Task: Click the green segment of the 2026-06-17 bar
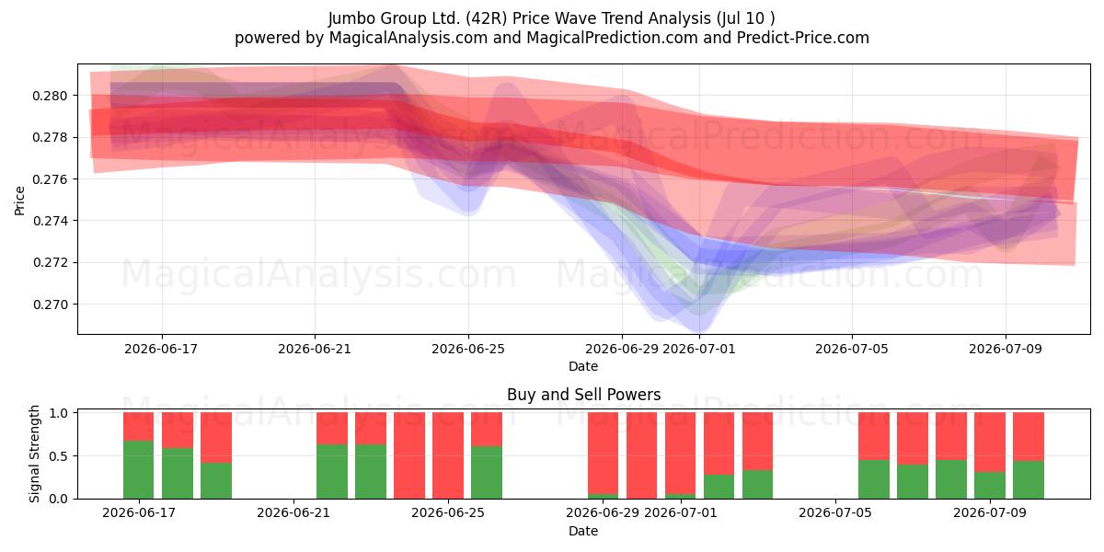coord(139,469)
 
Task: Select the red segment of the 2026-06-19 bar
coord(216,437)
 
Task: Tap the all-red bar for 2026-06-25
coord(448,455)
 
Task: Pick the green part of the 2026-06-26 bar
coord(487,472)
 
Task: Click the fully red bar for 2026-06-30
coord(642,455)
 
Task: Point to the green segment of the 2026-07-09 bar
coord(990,485)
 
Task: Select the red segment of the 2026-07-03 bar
coord(757,441)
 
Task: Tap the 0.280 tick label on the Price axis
coord(50,96)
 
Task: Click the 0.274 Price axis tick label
coord(50,221)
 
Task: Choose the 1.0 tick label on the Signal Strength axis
coord(58,413)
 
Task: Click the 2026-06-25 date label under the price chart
coord(468,349)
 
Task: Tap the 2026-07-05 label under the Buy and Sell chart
coord(835,512)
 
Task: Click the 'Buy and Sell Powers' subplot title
coord(583,395)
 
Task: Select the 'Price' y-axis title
coord(19,201)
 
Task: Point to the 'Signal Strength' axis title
coord(34,454)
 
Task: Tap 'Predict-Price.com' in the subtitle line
coord(803,38)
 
